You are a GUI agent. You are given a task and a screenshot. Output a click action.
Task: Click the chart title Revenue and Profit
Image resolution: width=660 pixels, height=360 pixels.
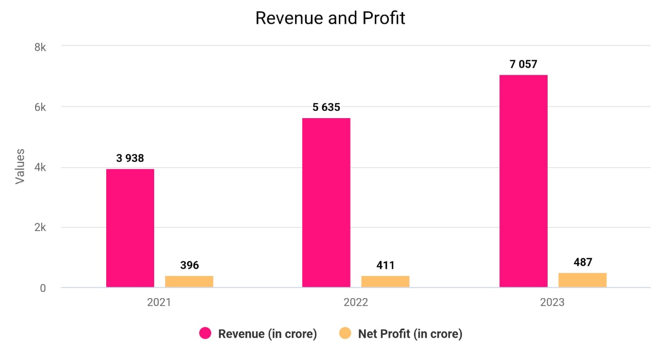[330, 18]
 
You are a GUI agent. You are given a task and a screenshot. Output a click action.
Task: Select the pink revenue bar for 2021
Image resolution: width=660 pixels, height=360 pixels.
[130, 228]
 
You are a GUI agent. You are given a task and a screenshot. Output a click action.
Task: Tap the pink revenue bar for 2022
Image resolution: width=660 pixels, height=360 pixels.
[326, 203]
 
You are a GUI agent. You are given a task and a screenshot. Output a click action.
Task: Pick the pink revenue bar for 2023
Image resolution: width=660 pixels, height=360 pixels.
[523, 181]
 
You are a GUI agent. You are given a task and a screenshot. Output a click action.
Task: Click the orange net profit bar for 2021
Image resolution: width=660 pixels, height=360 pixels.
[189, 282]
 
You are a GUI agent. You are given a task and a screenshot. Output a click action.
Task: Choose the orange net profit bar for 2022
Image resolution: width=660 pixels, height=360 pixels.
[385, 282]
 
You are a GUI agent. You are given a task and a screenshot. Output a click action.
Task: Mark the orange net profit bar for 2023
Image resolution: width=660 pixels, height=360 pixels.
[582, 280]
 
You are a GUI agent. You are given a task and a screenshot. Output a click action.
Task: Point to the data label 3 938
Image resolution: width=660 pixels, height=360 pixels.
[130, 158]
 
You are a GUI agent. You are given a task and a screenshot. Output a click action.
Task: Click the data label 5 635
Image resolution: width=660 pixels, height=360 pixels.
[326, 108]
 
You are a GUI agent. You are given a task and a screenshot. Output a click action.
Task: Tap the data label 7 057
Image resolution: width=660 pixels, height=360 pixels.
[523, 64]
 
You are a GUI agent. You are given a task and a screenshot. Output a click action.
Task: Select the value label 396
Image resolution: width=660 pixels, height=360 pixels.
[189, 266]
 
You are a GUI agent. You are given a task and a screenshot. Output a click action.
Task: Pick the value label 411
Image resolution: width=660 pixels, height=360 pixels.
[385, 266]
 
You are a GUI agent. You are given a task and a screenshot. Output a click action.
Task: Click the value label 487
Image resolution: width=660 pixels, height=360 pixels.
[583, 262]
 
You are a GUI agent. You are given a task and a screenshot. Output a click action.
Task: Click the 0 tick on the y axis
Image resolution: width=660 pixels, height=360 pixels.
[43, 288]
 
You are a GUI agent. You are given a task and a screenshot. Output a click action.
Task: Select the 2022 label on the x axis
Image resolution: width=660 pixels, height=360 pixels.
[356, 303]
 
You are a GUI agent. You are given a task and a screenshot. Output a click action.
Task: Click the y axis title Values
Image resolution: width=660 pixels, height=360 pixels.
[20, 166]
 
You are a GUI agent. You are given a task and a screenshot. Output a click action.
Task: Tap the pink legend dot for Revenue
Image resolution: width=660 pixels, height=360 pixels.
[206, 334]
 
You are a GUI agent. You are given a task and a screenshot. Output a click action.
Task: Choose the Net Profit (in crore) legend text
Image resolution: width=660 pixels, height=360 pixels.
[410, 334]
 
